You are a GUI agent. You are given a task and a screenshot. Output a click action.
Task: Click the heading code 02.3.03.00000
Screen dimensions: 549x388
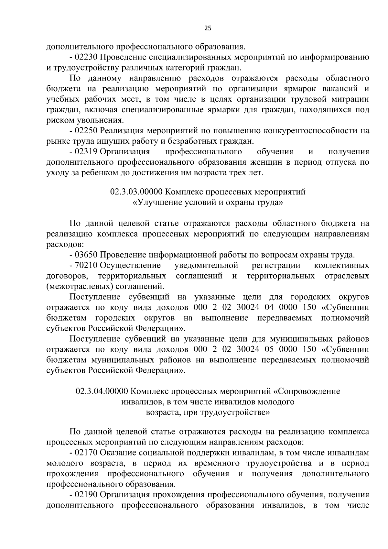[x=136, y=192]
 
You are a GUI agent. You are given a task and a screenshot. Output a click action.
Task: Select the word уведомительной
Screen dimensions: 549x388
[x=206, y=266]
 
